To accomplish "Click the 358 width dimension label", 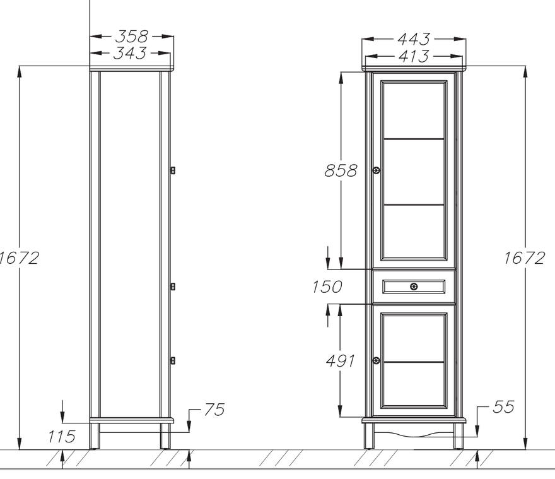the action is pyautogui.click(x=132, y=36).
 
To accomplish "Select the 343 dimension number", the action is pyautogui.click(x=129, y=53).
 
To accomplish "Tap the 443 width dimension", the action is pyautogui.click(x=414, y=39).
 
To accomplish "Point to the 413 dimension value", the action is pyautogui.click(x=414, y=56).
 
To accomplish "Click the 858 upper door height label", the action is pyautogui.click(x=341, y=170).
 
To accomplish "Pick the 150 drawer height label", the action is pyautogui.click(x=327, y=287).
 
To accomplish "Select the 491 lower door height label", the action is pyautogui.click(x=340, y=361).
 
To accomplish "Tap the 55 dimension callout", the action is pyautogui.click(x=503, y=407).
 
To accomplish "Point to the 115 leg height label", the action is pyautogui.click(x=62, y=437).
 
